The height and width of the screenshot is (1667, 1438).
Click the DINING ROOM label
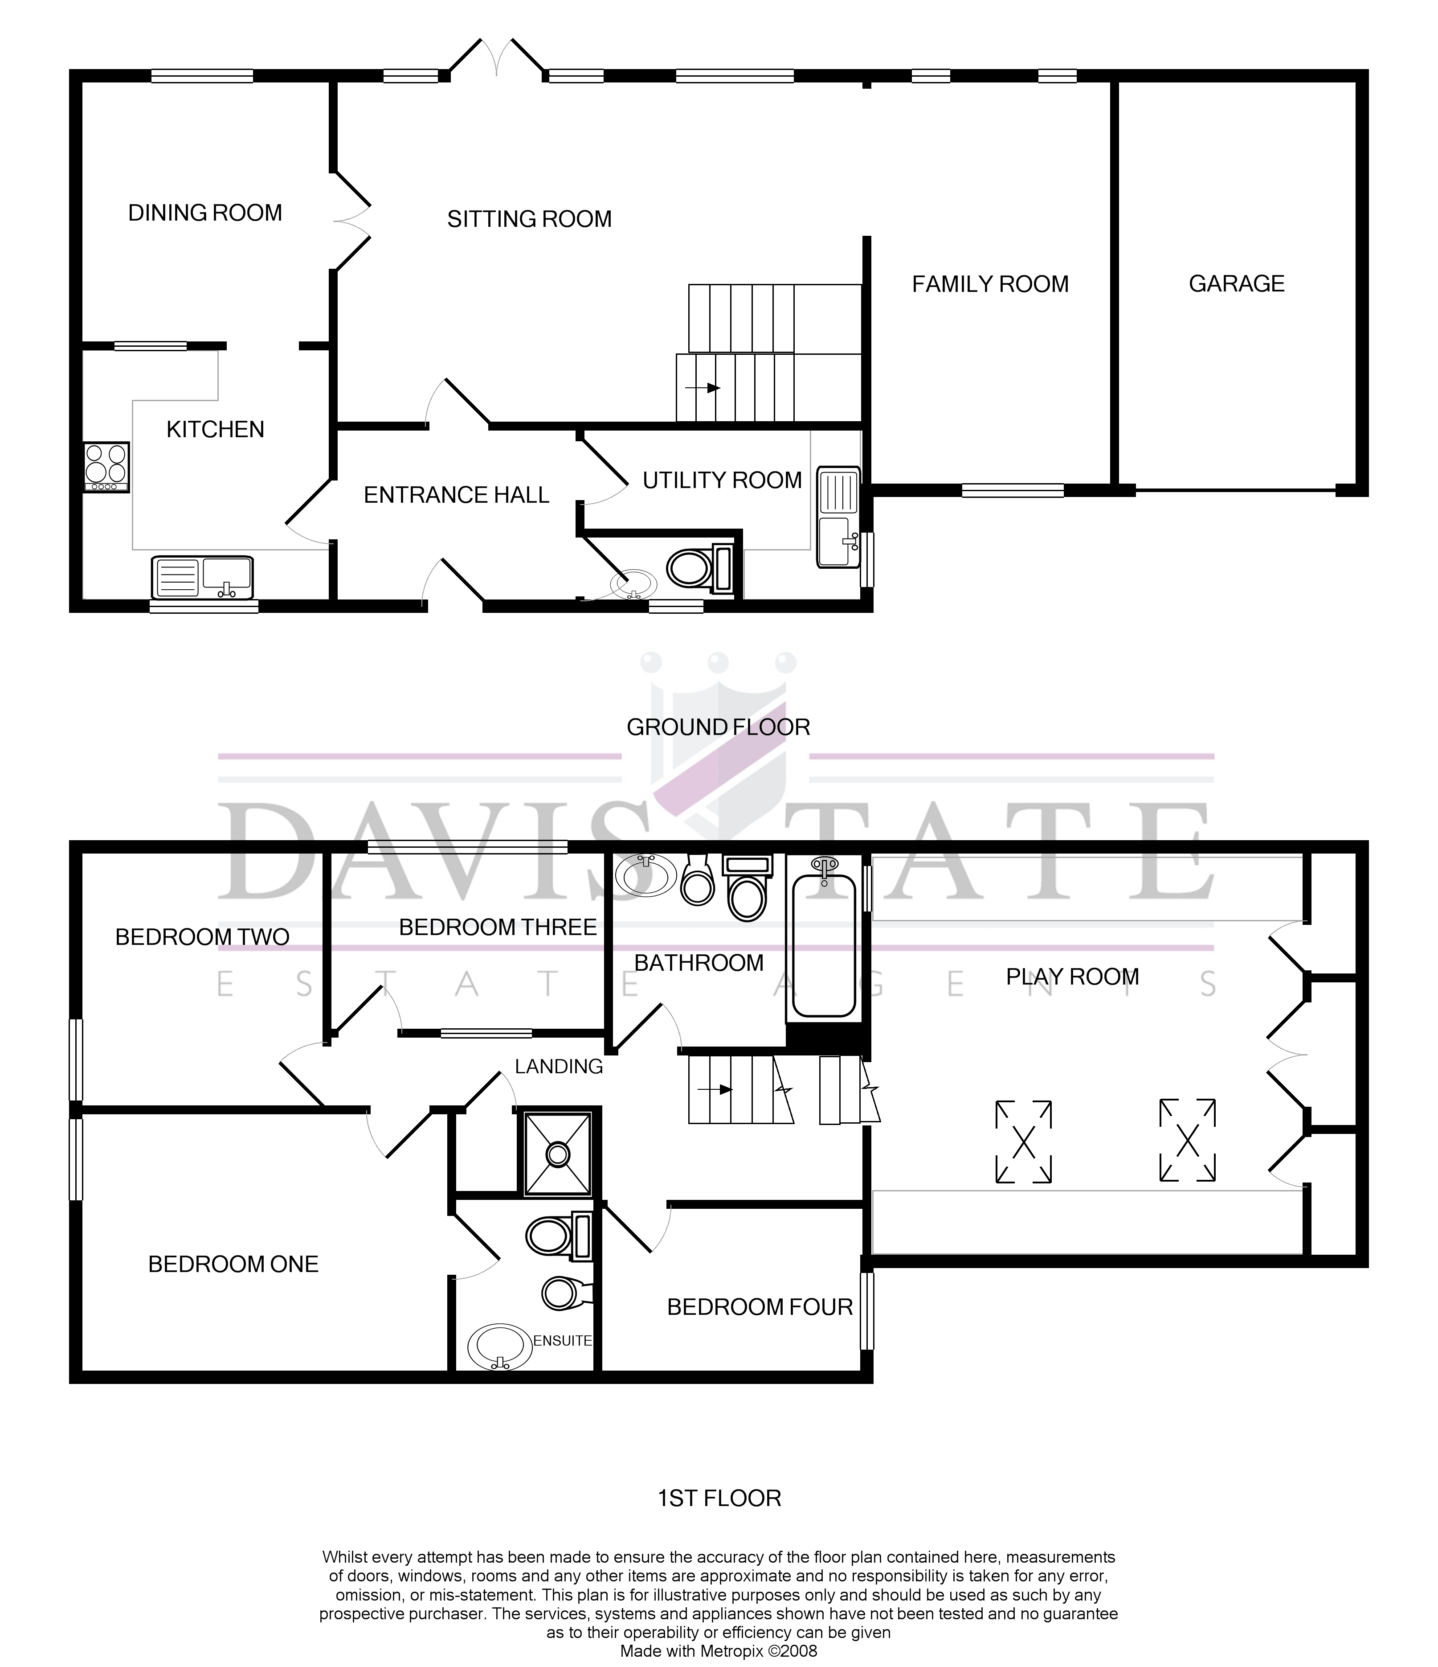(205, 213)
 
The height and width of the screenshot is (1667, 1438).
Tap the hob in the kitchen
(106, 467)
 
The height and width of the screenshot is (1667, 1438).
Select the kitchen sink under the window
(202, 578)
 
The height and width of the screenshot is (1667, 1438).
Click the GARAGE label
(1236, 284)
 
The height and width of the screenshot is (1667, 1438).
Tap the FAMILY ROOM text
(990, 284)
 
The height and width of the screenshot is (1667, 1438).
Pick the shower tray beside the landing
(557, 1154)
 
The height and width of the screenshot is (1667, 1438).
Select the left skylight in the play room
(1023, 1141)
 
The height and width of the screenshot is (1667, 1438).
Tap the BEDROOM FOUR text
(759, 1307)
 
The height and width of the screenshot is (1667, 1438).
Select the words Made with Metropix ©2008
(718, 1651)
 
